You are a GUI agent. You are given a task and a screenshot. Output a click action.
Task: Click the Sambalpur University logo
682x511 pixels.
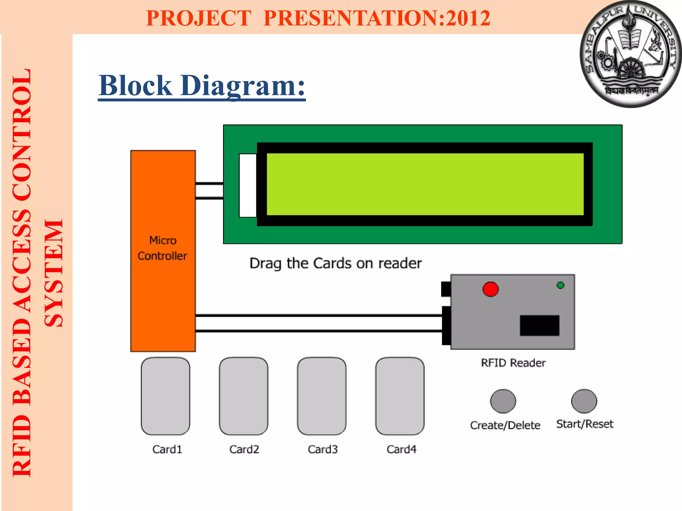(x=630, y=54)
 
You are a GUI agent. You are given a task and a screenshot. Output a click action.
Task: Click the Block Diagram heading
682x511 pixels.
(x=202, y=86)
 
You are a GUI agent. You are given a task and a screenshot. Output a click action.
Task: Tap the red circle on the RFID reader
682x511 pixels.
(x=491, y=289)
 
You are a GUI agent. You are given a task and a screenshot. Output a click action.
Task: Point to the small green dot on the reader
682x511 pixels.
(x=560, y=285)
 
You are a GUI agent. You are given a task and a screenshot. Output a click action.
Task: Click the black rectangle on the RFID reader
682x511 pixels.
(x=539, y=325)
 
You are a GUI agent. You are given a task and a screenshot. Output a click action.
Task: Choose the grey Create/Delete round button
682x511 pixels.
(x=503, y=401)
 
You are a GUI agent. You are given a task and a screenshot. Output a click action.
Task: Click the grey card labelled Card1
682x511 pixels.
(x=166, y=396)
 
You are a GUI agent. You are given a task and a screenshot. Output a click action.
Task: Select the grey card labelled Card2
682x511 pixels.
(x=243, y=396)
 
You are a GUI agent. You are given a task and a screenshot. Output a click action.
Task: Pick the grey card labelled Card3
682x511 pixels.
(x=322, y=396)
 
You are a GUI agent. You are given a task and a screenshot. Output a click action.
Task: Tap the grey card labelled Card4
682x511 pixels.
(x=400, y=396)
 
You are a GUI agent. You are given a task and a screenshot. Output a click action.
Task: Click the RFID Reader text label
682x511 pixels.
(x=513, y=363)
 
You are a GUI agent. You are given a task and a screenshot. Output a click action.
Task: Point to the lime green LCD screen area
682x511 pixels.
(x=425, y=184)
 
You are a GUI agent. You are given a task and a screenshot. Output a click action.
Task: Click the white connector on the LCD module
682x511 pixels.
(x=248, y=185)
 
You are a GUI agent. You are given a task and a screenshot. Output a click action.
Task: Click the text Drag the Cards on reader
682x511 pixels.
(x=336, y=263)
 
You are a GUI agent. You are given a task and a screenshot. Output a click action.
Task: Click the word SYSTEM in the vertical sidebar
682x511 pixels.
(x=54, y=273)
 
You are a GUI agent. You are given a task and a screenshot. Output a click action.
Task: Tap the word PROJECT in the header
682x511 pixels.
(x=198, y=18)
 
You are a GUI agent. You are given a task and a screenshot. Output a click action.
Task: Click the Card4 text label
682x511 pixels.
(x=401, y=449)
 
